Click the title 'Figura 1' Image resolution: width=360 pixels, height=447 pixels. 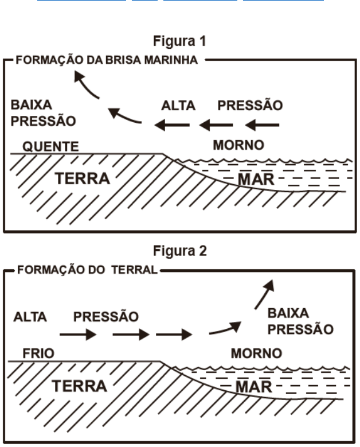(x=179, y=41)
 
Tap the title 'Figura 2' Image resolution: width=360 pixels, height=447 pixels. (x=179, y=251)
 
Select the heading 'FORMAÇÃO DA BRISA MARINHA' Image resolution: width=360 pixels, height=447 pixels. (x=107, y=60)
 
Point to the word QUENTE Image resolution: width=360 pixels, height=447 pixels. (x=51, y=146)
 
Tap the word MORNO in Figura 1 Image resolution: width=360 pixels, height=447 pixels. (x=238, y=145)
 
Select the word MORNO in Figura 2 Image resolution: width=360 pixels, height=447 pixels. (x=256, y=353)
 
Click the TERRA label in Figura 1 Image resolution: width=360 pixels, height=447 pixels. (x=83, y=178)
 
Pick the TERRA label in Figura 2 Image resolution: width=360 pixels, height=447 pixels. (x=80, y=386)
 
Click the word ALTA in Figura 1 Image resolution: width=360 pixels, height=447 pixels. (x=178, y=106)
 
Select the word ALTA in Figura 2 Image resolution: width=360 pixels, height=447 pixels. (x=30, y=317)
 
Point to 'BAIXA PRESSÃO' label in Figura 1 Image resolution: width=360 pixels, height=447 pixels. (x=44, y=113)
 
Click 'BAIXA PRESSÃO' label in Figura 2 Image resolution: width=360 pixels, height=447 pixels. (x=300, y=321)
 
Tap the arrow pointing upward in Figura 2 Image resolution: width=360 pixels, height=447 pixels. (x=264, y=294)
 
